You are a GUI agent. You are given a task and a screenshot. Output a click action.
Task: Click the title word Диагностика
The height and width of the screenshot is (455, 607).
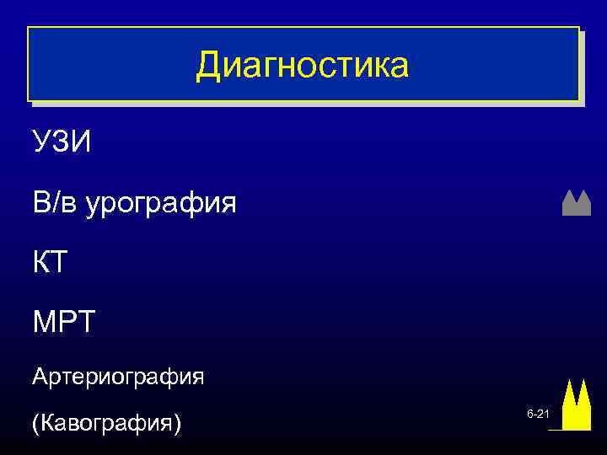click(302, 66)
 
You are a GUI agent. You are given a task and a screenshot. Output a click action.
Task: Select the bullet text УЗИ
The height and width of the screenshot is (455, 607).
click(62, 142)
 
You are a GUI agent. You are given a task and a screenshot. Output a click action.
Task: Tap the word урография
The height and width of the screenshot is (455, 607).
click(160, 203)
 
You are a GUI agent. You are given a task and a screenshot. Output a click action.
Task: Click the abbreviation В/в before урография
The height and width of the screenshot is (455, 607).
click(55, 202)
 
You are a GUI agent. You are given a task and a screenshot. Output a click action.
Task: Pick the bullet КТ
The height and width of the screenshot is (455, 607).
click(49, 263)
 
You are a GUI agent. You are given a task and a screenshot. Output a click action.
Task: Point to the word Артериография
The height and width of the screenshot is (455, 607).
click(117, 376)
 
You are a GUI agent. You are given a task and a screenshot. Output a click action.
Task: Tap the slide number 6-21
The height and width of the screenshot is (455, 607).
click(538, 415)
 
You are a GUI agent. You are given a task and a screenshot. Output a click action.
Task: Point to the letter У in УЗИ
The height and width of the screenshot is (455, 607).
click(41, 142)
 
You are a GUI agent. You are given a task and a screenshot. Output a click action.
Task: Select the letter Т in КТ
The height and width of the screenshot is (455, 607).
click(58, 263)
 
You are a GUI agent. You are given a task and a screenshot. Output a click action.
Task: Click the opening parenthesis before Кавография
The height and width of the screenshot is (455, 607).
click(35, 422)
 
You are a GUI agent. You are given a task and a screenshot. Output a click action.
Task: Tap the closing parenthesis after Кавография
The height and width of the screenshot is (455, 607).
click(177, 422)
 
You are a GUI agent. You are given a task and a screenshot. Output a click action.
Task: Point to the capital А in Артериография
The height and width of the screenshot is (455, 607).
click(39, 376)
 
